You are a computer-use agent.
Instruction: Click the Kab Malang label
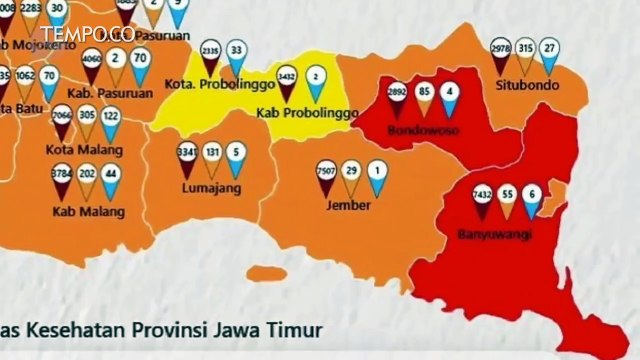[90, 212]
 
